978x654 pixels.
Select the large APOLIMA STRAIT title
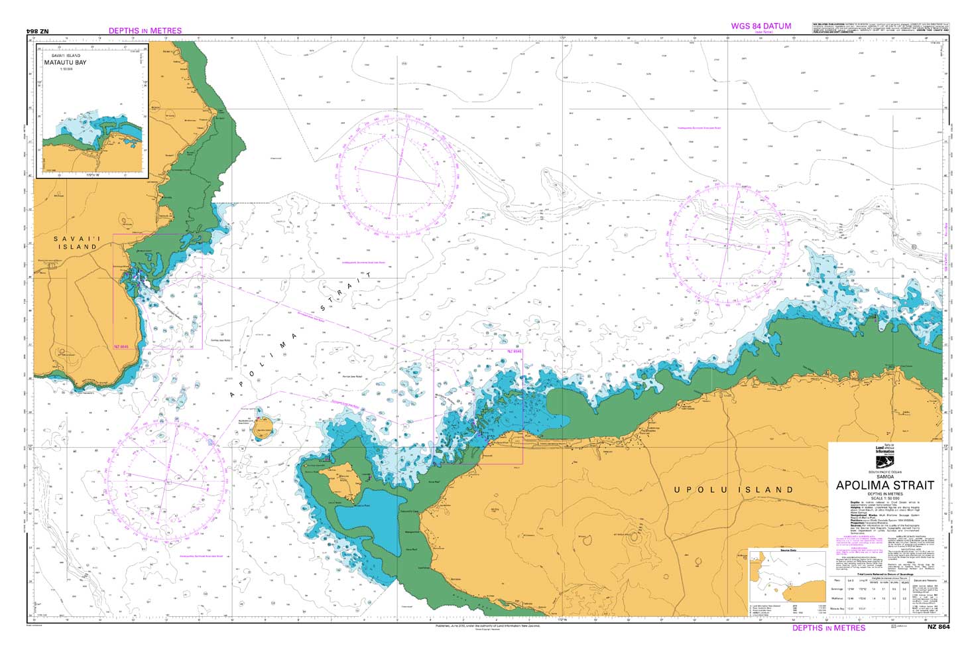[885, 486]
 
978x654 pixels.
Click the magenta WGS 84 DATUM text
[761, 27]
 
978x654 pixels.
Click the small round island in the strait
[263, 427]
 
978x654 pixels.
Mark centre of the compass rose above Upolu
[728, 245]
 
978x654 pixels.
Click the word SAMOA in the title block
[885, 476]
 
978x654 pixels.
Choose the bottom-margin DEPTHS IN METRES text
[829, 627]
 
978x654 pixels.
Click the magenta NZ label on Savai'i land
[121, 347]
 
